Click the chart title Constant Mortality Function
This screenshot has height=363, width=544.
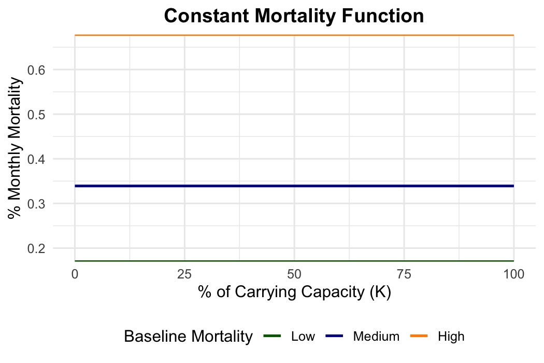pos(294,16)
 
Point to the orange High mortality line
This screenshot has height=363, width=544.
pos(294,35)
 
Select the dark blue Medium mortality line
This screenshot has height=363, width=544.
pos(294,186)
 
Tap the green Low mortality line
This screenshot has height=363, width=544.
pos(294,261)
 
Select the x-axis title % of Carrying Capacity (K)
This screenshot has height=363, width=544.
pos(294,292)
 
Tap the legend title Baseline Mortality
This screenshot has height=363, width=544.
pos(188,337)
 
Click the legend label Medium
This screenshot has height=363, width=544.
pos(376,337)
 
